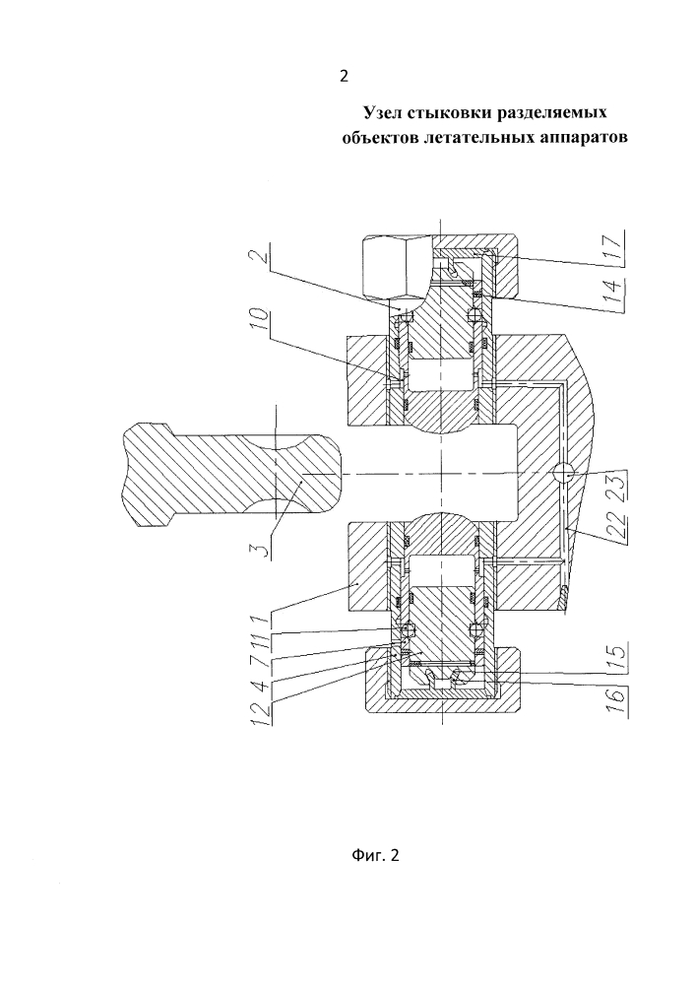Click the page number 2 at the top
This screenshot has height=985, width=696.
[x=344, y=77]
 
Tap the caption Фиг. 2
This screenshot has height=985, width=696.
[x=375, y=855]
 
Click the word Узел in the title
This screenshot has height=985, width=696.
[x=382, y=112]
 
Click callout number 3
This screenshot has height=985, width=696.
[x=265, y=546]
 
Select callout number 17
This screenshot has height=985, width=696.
[x=615, y=242]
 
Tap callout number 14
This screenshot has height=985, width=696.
[x=615, y=276]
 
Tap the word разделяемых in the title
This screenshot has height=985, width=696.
[x=551, y=113]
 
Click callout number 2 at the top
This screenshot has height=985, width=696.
[x=265, y=256]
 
